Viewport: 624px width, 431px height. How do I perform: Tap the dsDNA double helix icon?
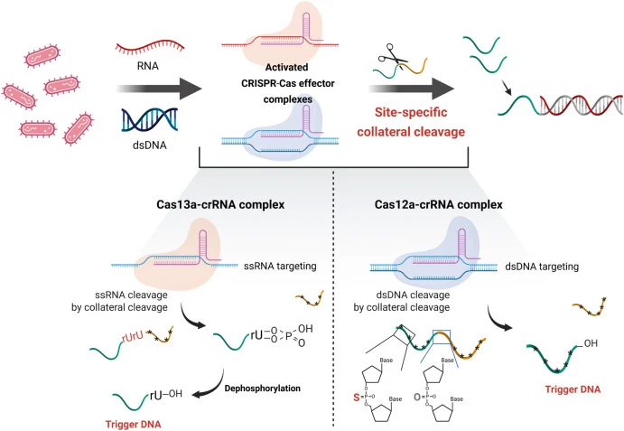(x=149, y=119)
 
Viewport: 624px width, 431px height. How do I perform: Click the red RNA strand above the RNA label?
(x=150, y=47)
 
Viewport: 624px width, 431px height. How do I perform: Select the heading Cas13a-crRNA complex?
(x=220, y=205)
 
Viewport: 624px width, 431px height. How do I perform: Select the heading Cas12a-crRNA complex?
(x=439, y=205)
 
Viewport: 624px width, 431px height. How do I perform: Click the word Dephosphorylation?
(x=263, y=388)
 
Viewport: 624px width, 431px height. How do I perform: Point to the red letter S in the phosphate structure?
(x=357, y=398)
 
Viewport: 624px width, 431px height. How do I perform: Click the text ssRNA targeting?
(x=280, y=266)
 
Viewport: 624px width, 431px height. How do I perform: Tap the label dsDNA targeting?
(x=542, y=267)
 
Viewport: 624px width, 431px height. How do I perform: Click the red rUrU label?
(x=132, y=337)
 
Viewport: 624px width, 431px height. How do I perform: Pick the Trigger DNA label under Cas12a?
(x=573, y=389)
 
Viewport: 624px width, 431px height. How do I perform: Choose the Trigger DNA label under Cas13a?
(x=134, y=425)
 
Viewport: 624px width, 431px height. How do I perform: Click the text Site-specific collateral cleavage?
(x=411, y=122)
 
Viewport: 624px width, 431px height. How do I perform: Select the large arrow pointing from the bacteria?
(x=159, y=89)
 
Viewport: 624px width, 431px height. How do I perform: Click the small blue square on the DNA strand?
(x=442, y=337)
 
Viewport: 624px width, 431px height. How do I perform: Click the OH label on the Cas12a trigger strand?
(x=591, y=343)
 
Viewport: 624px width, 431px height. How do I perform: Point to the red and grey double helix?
(x=581, y=105)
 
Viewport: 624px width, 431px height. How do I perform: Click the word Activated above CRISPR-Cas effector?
(x=286, y=67)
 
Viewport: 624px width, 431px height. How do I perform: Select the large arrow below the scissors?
(x=412, y=89)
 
